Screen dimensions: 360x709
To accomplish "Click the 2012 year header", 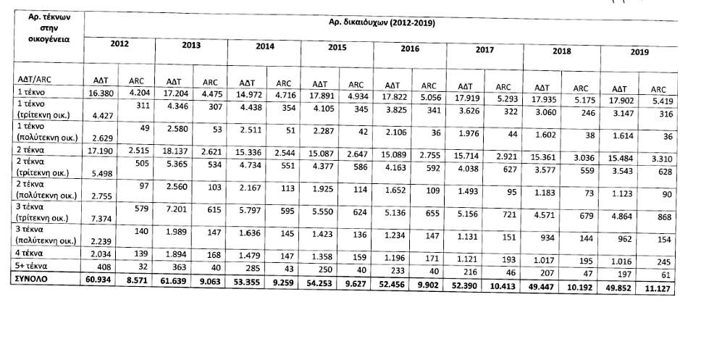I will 119,44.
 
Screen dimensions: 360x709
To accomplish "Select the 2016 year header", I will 410,48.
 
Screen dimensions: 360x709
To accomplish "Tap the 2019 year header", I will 639,52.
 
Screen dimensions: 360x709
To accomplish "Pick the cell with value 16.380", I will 101,93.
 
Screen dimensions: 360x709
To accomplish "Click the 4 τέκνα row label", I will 33,253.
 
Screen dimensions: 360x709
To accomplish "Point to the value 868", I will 660,217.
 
